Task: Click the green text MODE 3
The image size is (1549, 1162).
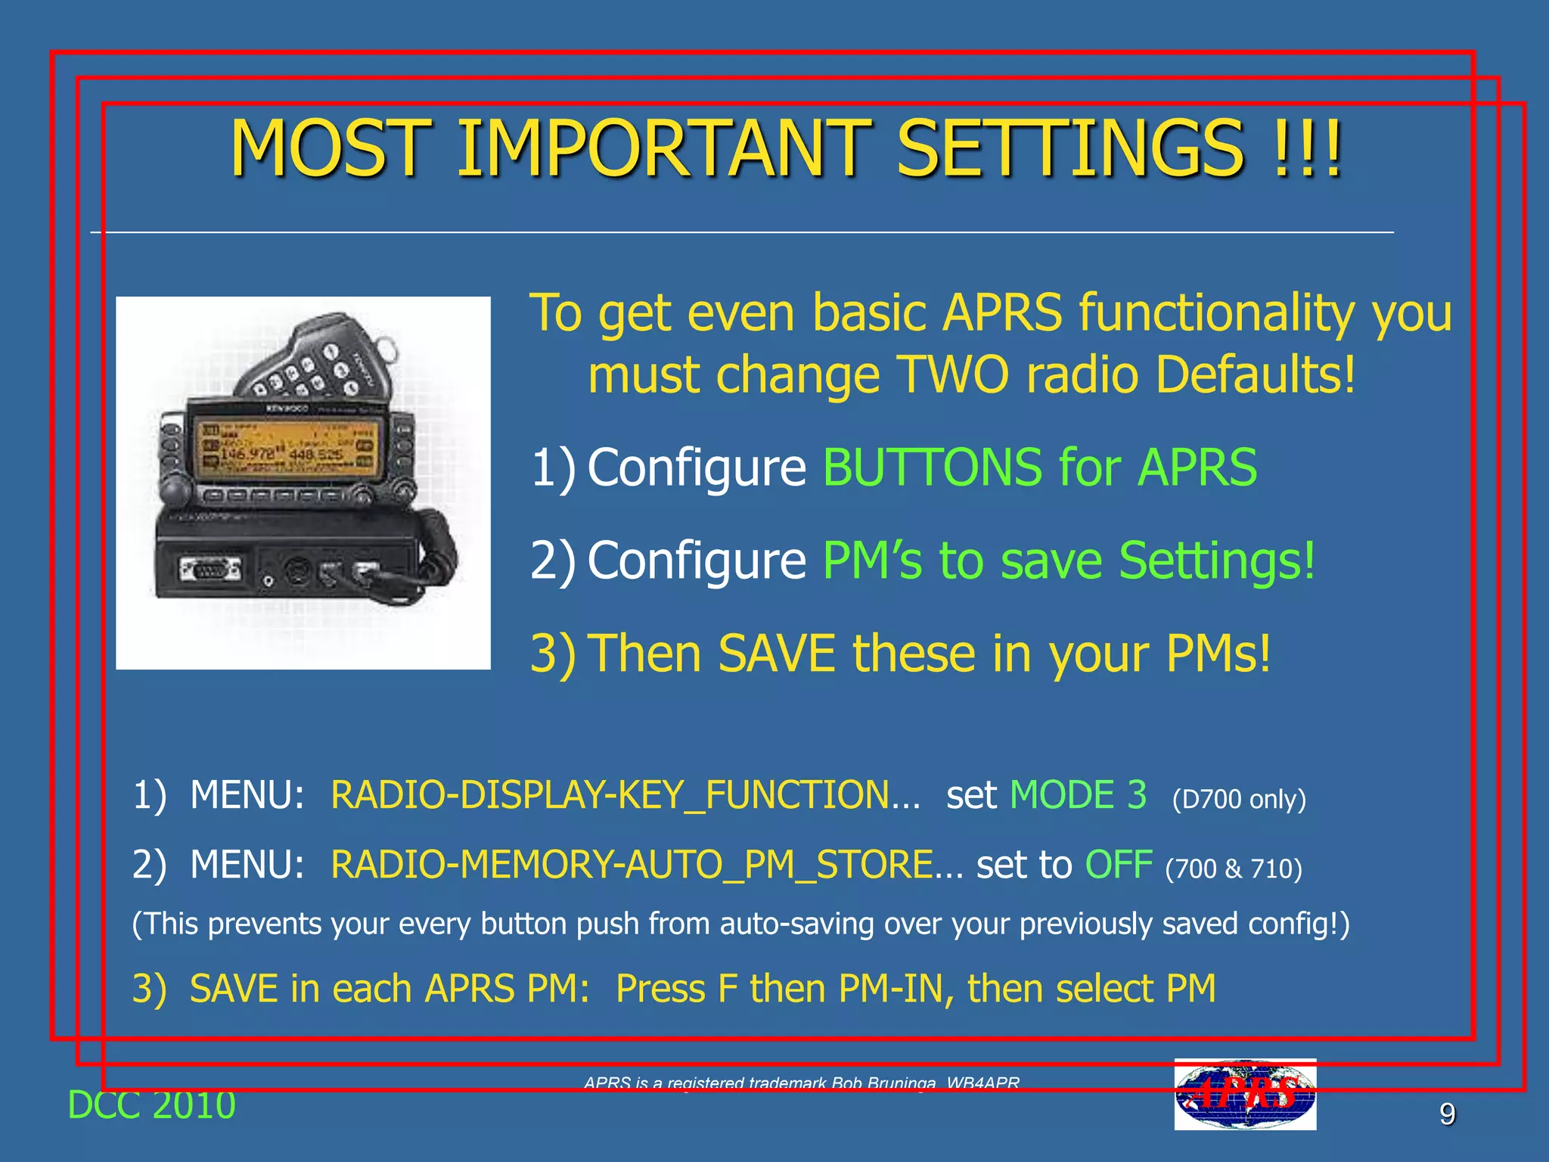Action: coord(1078,795)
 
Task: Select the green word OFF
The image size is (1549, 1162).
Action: coord(1118,864)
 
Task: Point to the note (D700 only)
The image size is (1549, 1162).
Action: coord(1238,799)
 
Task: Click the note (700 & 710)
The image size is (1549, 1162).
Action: coord(1233,868)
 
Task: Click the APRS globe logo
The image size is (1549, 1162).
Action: coord(1244,1094)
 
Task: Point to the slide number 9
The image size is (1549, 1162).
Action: coord(1446,1114)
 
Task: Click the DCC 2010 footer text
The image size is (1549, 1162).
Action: coord(151,1105)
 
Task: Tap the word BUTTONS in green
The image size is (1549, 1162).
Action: coord(932,467)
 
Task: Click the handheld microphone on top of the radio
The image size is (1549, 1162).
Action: coord(318,356)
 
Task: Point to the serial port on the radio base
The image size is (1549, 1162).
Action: coord(210,569)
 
